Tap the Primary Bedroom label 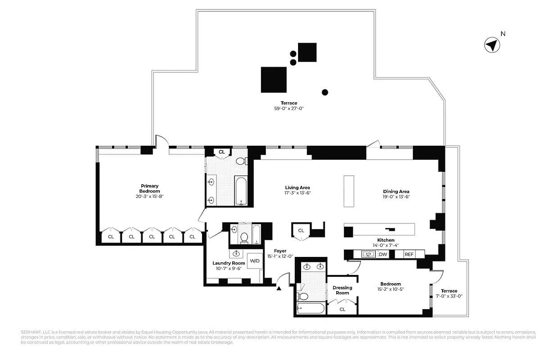tap(149, 189)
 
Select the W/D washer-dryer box tap(255, 261)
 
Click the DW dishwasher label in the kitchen tap(383, 254)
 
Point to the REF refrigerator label tap(409, 254)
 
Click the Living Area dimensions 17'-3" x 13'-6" tap(298, 193)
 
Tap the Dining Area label tap(396, 191)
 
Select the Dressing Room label tap(342, 290)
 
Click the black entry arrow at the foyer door tap(280, 289)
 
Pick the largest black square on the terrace tap(274, 80)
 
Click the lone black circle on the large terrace tap(325, 93)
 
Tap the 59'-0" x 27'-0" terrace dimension tap(289, 108)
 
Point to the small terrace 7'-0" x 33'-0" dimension tap(449, 296)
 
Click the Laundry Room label tap(229, 263)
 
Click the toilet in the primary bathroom tap(241, 161)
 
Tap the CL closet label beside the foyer tap(301, 230)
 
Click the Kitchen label tap(386, 240)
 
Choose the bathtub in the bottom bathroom tap(311, 308)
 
